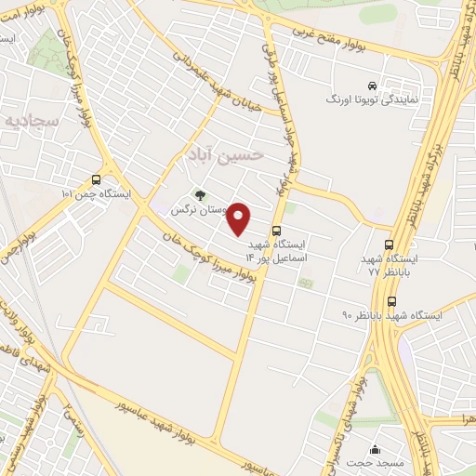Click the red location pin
pyautogui.click(x=240, y=219)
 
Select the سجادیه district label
pyautogui.click(x=30, y=121)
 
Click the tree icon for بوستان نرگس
pyautogui.click(x=200, y=195)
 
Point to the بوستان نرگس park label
pyautogui.click(x=199, y=211)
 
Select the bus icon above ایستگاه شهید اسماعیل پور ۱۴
pyautogui.click(x=275, y=231)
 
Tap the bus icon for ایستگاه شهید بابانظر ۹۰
pyautogui.click(x=390, y=301)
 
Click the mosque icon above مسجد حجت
pyautogui.click(x=374, y=447)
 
